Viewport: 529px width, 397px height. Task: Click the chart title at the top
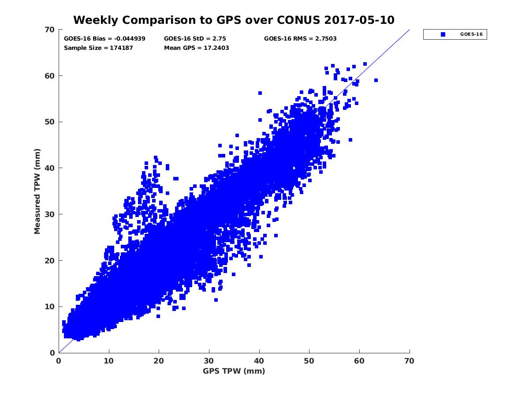click(x=234, y=20)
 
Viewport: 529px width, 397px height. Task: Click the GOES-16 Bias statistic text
click(x=104, y=38)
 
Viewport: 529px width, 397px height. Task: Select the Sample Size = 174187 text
click(x=98, y=48)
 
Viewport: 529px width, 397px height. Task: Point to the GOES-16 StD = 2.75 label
click(x=192, y=38)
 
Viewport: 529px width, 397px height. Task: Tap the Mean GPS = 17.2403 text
click(x=196, y=48)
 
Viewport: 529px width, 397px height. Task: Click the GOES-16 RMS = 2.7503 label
click(x=300, y=38)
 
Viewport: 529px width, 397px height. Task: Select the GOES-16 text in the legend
click(x=469, y=34)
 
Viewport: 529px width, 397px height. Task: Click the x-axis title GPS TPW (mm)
click(x=234, y=371)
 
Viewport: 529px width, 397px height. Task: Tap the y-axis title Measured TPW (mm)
click(x=37, y=191)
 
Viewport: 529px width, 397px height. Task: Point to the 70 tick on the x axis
click(x=410, y=361)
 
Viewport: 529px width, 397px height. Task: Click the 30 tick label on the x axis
click(x=209, y=361)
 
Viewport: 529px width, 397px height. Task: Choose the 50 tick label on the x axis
click(x=309, y=361)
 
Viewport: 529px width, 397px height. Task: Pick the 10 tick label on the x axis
click(x=109, y=361)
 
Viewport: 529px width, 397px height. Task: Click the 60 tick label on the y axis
click(x=50, y=76)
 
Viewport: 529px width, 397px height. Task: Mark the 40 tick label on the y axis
click(x=50, y=168)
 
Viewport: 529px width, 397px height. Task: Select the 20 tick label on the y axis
click(x=50, y=260)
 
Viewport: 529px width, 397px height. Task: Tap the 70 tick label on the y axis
click(x=50, y=30)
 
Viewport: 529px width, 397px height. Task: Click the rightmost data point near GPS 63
click(x=376, y=80)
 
